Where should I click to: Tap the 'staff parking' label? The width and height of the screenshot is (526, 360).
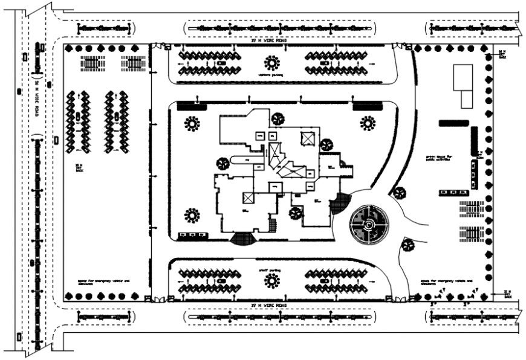[271, 268]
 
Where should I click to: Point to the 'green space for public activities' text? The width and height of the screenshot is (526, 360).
[438, 159]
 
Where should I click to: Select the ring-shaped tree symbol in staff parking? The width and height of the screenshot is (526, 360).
[271, 280]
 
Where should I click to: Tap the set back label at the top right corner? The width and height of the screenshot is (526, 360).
[501, 54]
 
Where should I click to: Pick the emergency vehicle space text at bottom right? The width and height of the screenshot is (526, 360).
[445, 282]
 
